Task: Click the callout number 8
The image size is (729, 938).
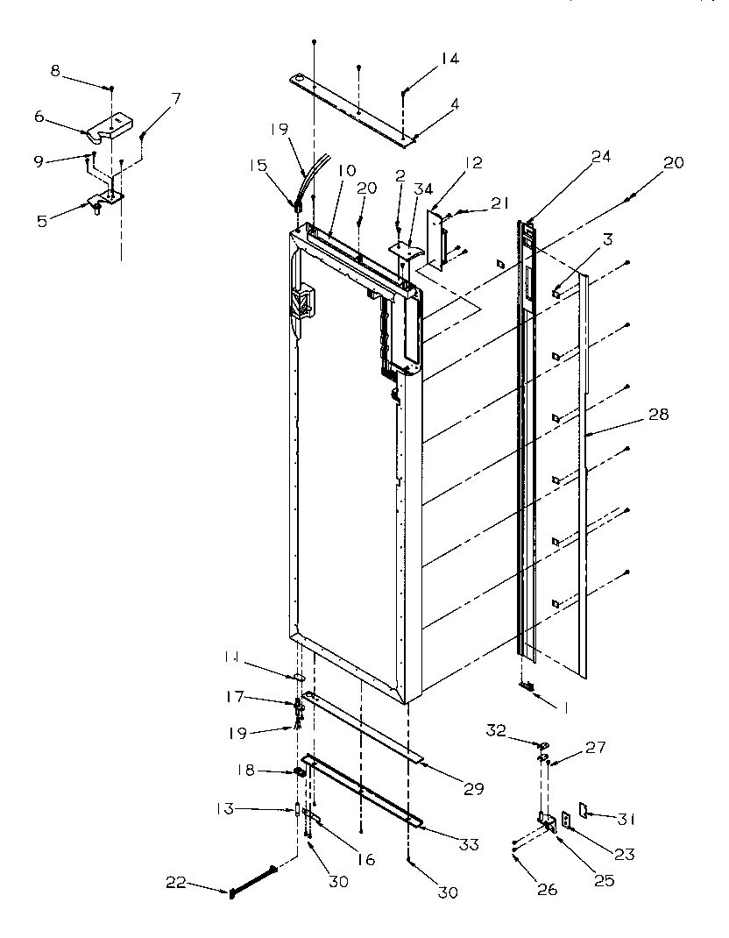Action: (55, 71)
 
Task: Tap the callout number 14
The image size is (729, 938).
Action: (449, 59)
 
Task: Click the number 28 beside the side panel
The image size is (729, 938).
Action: (658, 415)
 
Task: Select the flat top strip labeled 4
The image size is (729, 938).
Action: (350, 107)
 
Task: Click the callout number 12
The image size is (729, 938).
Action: (474, 163)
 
